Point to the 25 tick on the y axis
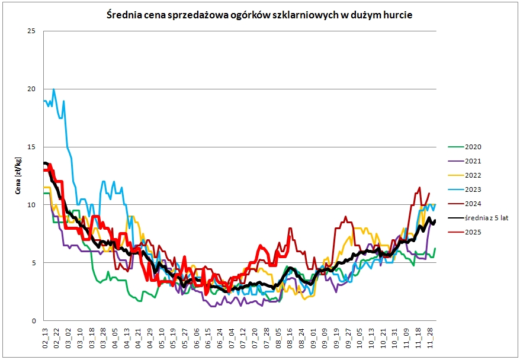pyautogui.click(x=32, y=31)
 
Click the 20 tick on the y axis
pyautogui.click(x=32, y=89)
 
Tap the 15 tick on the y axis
pyautogui.click(x=32, y=147)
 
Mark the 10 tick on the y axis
pyautogui.click(x=32, y=205)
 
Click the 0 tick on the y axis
pyautogui.click(x=34, y=321)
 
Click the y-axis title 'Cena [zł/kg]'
pyautogui.click(x=18, y=176)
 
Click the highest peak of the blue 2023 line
pyautogui.click(x=54, y=89)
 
